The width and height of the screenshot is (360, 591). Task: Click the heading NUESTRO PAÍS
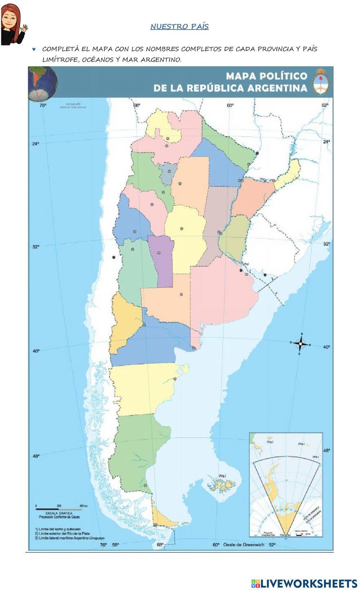click(179, 27)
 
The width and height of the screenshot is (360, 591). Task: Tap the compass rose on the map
click(301, 344)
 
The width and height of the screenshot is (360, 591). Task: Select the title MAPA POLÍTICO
click(266, 76)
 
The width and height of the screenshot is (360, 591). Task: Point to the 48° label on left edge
click(36, 456)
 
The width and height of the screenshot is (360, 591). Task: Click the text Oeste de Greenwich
click(243, 545)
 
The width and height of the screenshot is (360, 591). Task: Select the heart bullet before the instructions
click(34, 49)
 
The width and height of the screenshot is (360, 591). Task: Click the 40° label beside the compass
click(326, 347)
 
